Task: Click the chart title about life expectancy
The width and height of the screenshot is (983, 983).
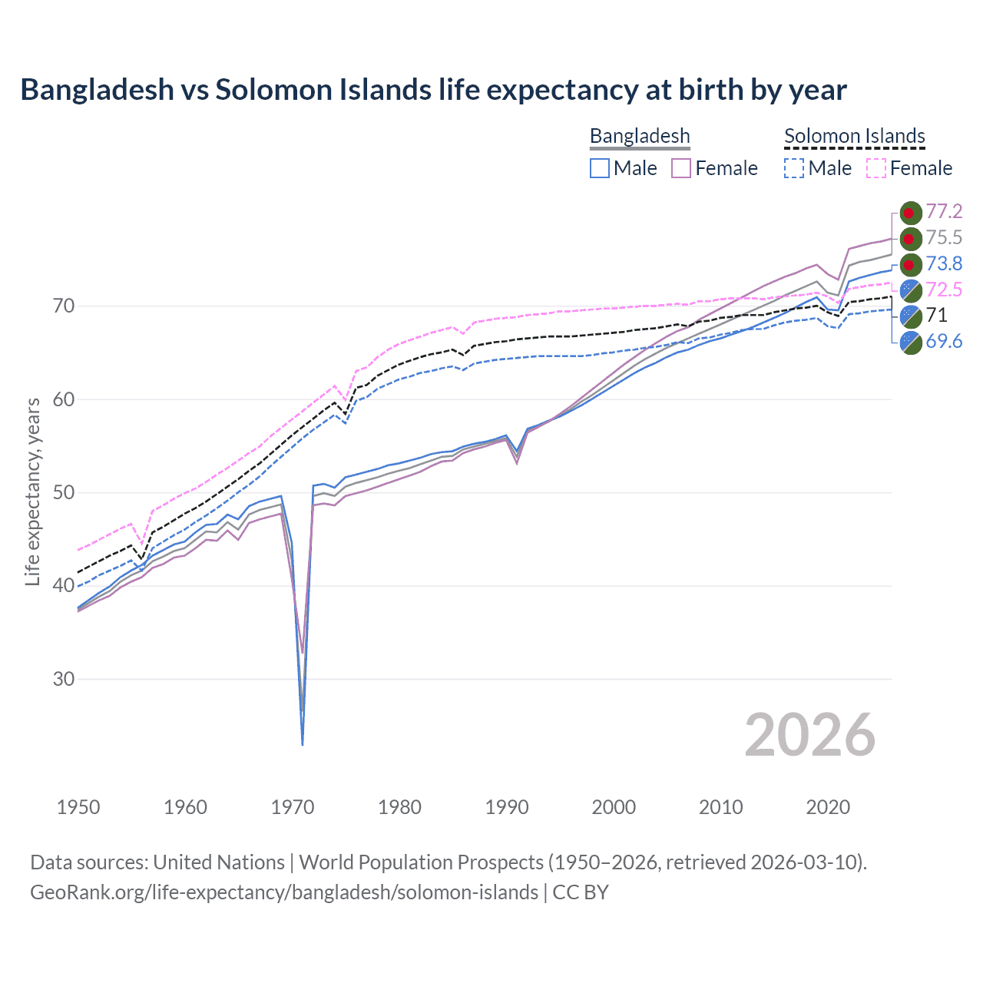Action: click(x=433, y=90)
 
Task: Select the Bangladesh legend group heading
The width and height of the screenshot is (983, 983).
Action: click(x=640, y=136)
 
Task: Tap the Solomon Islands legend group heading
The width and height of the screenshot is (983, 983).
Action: click(x=854, y=136)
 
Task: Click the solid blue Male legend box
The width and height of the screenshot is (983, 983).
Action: click(x=600, y=168)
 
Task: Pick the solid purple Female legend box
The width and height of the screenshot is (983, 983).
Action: click(x=681, y=168)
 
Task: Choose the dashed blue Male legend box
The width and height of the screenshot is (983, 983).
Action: click(x=794, y=168)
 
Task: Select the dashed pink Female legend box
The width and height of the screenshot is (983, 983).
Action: click(x=876, y=168)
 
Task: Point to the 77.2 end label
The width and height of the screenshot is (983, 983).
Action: click(x=944, y=211)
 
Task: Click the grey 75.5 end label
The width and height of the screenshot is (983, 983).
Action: click(x=944, y=237)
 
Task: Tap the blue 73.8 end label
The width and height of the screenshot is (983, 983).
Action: click(x=944, y=263)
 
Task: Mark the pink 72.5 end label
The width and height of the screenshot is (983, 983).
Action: click(x=944, y=290)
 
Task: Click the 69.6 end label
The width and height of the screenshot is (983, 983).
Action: click(x=944, y=341)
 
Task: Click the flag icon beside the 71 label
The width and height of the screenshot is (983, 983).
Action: click(x=911, y=316)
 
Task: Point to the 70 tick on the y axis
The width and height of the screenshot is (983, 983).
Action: click(x=64, y=306)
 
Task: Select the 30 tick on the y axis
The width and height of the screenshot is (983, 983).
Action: click(x=64, y=679)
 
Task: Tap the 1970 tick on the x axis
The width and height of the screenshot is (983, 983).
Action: click(x=293, y=807)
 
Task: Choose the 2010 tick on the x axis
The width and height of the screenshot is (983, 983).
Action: click(x=720, y=807)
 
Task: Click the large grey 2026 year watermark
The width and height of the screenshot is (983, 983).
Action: click(x=809, y=735)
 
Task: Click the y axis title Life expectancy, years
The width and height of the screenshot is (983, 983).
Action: click(x=32, y=491)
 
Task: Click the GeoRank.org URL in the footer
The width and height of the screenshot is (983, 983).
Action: click(x=284, y=892)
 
